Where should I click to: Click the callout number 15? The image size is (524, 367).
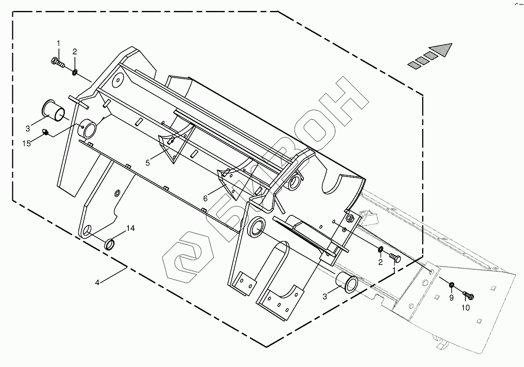(x=27, y=144)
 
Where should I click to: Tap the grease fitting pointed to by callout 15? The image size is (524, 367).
(x=45, y=133)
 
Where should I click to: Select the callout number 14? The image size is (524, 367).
(x=130, y=228)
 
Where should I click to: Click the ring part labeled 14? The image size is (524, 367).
(x=111, y=244)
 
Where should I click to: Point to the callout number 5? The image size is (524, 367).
(x=147, y=163)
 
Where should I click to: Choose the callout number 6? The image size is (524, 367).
(x=205, y=198)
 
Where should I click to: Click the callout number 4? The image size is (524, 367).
(x=97, y=283)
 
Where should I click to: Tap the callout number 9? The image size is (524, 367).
(x=451, y=298)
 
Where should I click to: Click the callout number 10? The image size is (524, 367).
(x=465, y=308)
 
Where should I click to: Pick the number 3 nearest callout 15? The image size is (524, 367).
(x=28, y=128)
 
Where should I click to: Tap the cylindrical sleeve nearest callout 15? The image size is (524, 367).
(x=54, y=110)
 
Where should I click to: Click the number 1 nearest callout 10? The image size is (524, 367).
(x=394, y=270)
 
